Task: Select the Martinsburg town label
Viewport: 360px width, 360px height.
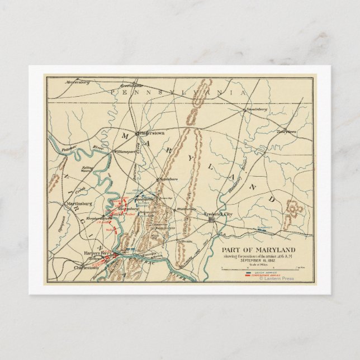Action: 79,203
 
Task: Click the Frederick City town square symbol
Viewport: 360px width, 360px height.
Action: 211,220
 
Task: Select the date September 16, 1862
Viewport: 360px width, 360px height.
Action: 257,260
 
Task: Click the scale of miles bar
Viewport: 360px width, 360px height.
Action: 260,269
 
